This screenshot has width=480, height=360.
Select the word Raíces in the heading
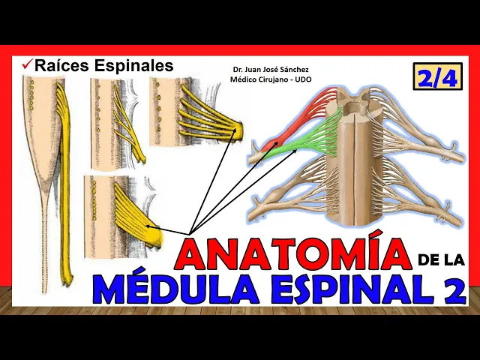pyautogui.click(x=61, y=66)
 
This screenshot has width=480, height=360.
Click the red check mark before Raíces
pyautogui.click(x=26, y=66)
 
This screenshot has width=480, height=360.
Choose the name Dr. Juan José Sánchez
pyautogui.click(x=271, y=70)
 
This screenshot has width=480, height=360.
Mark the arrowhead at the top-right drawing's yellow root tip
pyautogui.click(x=236, y=133)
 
